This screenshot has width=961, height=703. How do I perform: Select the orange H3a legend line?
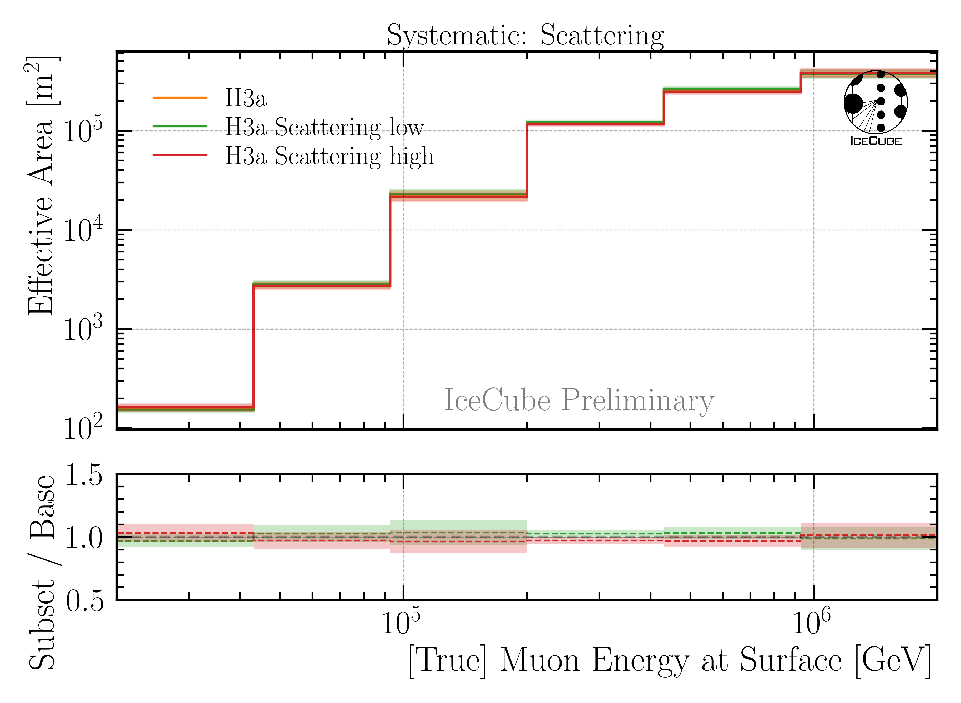click(180, 98)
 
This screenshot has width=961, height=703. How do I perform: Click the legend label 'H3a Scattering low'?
click(324, 127)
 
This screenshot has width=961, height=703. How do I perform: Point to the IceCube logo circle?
click(876, 102)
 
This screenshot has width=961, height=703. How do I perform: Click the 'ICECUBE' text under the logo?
click(876, 141)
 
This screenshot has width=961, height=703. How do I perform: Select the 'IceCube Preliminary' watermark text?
click(579, 400)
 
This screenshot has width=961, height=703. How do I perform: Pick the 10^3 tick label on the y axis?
click(83, 329)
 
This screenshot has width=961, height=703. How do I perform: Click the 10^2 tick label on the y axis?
click(83, 428)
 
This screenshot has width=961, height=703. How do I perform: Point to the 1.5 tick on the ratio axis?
click(84, 475)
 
